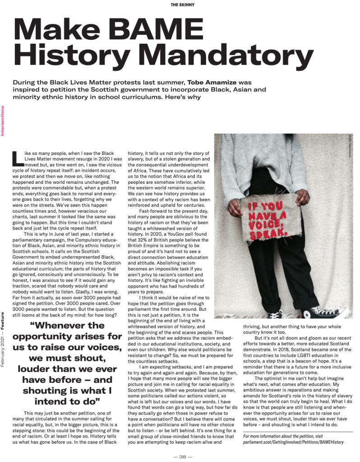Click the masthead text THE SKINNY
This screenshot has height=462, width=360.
[x=180, y=5]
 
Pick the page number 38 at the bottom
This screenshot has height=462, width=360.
[x=180, y=457]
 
